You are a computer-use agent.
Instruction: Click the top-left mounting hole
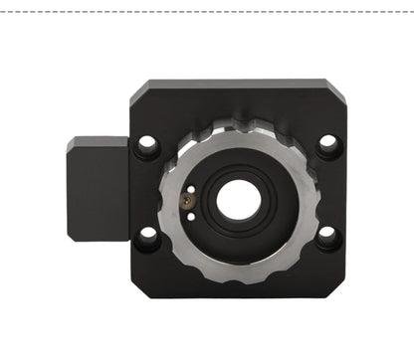148,145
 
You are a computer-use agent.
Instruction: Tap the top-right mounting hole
327,145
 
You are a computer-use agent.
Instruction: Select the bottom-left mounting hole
148,237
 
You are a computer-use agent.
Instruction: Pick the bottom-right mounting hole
327,238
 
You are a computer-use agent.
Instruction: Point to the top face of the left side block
98,143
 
